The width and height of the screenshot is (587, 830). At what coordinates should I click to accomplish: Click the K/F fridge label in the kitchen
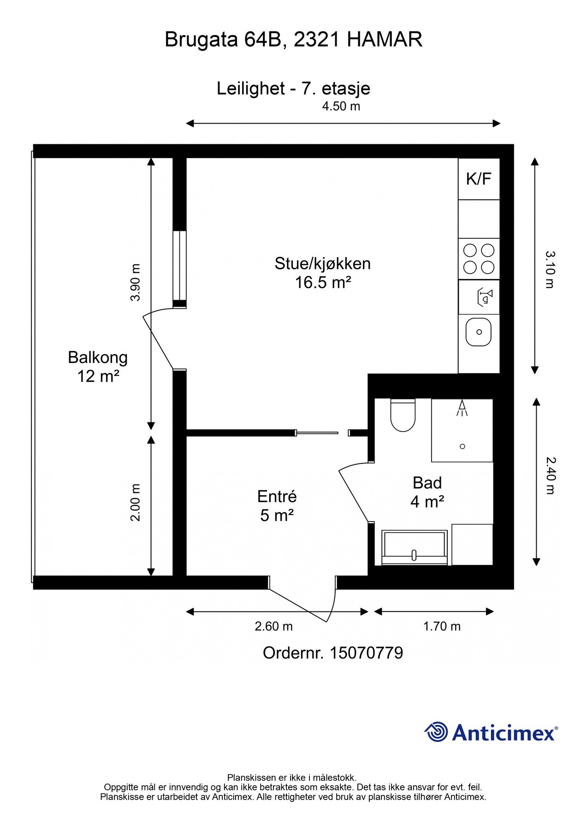479,178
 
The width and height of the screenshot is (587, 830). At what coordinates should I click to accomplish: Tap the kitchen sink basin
479,332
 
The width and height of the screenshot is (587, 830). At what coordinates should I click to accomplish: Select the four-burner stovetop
479,259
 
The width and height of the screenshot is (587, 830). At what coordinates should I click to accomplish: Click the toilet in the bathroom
403,415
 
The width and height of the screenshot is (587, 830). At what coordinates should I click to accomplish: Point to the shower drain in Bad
462,446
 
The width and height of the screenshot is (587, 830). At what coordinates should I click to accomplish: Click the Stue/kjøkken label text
323,263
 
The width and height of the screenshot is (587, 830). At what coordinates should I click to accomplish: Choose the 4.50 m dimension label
341,106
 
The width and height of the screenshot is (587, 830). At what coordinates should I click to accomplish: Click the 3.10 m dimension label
550,269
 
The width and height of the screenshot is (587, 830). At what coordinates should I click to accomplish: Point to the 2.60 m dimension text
273,626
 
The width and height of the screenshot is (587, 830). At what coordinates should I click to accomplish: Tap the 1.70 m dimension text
442,626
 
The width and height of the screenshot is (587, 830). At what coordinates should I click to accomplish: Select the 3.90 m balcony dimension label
135,282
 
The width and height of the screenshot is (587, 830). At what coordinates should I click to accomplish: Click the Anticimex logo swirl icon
436,732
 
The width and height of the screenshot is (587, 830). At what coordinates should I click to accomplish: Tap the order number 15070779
366,653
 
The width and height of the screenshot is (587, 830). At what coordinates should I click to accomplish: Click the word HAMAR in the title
384,40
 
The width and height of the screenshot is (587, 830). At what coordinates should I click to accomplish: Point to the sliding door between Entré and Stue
317,433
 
